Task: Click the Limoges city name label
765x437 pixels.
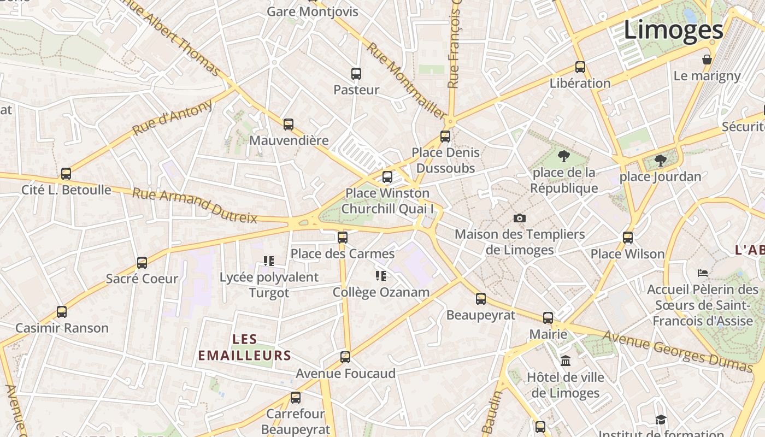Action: [x=674, y=29]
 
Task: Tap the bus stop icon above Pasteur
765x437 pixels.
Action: [x=356, y=73]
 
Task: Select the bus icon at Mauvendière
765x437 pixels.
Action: [x=289, y=125]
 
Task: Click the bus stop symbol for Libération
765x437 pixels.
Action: [x=580, y=68]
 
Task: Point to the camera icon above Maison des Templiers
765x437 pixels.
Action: [x=520, y=218]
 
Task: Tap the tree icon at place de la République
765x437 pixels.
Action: [x=564, y=157]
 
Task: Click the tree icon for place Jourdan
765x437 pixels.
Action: [x=660, y=161]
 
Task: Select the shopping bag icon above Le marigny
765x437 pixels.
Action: [x=707, y=60]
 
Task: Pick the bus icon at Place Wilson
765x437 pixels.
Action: [x=628, y=238]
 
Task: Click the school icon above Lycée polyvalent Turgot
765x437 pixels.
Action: [x=268, y=261]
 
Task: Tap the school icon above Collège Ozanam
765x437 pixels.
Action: [x=381, y=276]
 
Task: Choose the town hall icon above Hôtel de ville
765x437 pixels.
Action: [x=566, y=361]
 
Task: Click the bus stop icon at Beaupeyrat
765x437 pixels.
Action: [x=481, y=299]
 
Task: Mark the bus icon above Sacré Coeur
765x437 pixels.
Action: [x=142, y=263]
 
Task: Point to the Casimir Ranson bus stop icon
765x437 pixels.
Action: [x=62, y=312]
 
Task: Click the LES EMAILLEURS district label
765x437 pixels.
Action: [x=244, y=347]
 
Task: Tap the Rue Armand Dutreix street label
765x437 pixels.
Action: [x=195, y=205]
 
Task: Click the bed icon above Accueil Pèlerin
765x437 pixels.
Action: [x=703, y=273]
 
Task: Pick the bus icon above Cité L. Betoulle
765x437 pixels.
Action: [x=66, y=174]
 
